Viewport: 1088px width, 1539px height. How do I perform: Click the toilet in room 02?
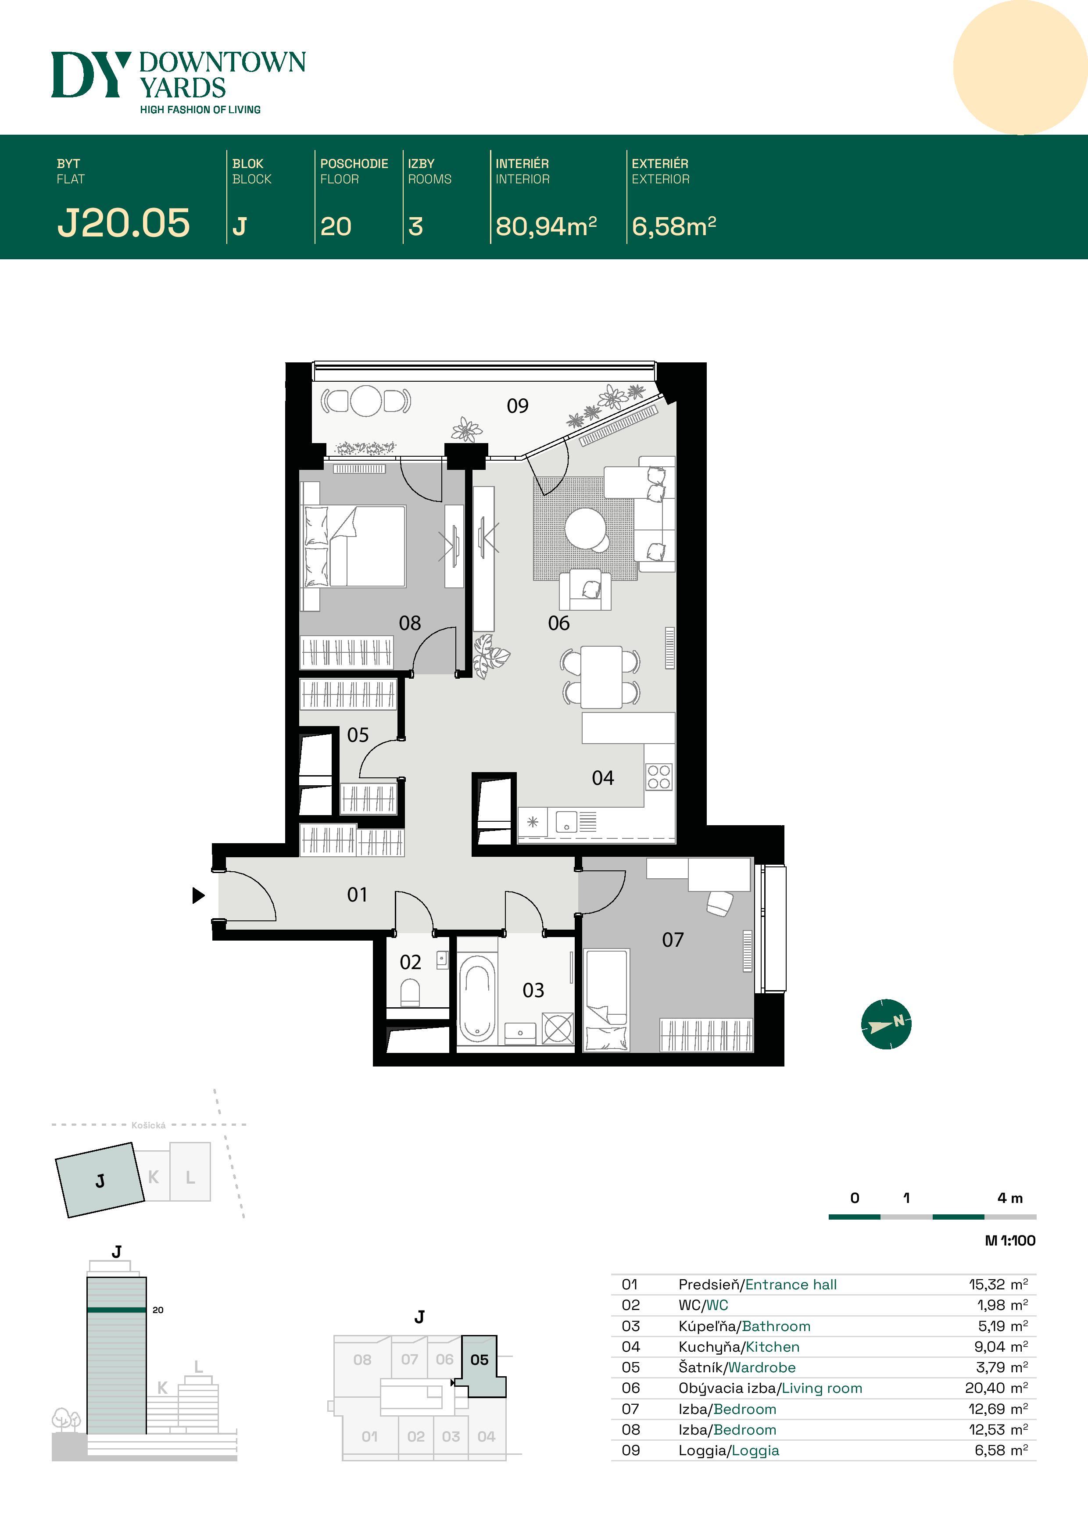[410, 992]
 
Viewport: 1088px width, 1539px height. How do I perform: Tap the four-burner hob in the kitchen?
[659, 777]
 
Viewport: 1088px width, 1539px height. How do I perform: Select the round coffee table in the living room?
[585, 527]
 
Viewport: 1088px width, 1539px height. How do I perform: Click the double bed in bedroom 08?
[355, 546]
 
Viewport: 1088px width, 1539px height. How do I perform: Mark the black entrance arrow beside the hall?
[198, 895]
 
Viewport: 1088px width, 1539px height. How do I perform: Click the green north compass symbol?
[886, 1024]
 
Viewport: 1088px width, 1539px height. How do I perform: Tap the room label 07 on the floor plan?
[673, 940]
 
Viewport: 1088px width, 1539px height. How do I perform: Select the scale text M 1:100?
[1009, 1240]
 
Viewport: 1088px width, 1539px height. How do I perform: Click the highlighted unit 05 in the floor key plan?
[480, 1360]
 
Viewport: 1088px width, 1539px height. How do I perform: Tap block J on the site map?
[100, 1181]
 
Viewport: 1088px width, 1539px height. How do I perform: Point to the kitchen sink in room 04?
[566, 821]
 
